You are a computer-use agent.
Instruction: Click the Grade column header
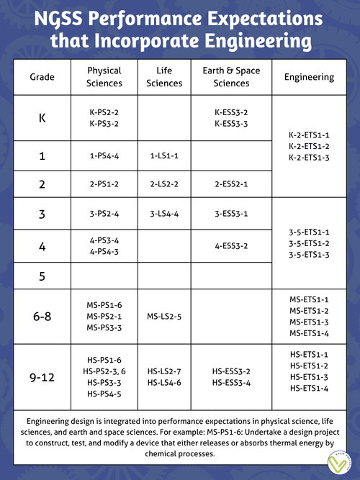[42, 77]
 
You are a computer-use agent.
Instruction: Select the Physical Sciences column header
[104, 77]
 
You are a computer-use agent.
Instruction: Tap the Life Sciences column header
[164, 77]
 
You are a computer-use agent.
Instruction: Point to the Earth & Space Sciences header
[231, 77]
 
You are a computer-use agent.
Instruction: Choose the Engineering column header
[309, 77]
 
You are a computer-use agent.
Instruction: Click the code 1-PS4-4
[104, 155]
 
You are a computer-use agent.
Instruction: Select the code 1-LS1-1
[164, 155]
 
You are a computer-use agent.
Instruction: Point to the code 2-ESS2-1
[231, 184]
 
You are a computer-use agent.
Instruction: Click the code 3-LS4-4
[164, 214]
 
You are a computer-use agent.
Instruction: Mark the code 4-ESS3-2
[231, 246]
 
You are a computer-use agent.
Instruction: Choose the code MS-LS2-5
[164, 317]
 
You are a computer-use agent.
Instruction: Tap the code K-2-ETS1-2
[309, 146]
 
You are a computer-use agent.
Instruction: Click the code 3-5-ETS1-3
[309, 255]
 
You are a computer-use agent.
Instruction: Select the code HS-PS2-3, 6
[104, 371]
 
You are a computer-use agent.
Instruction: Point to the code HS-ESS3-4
[231, 383]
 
